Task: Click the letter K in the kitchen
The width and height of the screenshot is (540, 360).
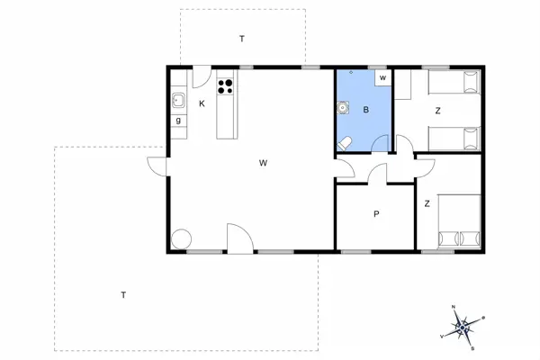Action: click(x=202, y=103)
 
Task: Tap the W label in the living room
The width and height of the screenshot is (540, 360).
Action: click(x=263, y=163)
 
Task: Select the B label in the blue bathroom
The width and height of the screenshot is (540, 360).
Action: click(x=365, y=110)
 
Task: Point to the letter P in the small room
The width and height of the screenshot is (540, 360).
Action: click(x=375, y=214)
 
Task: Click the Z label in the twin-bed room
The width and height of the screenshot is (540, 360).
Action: click(x=437, y=111)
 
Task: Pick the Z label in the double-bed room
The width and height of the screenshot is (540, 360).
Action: click(x=427, y=204)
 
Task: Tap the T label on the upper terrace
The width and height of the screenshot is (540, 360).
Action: click(x=241, y=39)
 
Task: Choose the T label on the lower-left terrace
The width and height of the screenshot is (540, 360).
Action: click(x=122, y=295)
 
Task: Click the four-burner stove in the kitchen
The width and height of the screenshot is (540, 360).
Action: click(x=225, y=87)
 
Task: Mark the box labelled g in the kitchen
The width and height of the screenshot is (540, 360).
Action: click(x=178, y=120)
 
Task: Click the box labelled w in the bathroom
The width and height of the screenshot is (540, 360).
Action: click(x=382, y=78)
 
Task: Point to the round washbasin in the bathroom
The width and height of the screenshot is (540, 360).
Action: click(x=343, y=107)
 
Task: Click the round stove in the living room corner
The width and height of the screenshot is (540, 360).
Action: click(x=182, y=238)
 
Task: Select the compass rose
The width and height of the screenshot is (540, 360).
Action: click(x=463, y=326)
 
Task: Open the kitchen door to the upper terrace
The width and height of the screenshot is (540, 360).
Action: click(x=202, y=76)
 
